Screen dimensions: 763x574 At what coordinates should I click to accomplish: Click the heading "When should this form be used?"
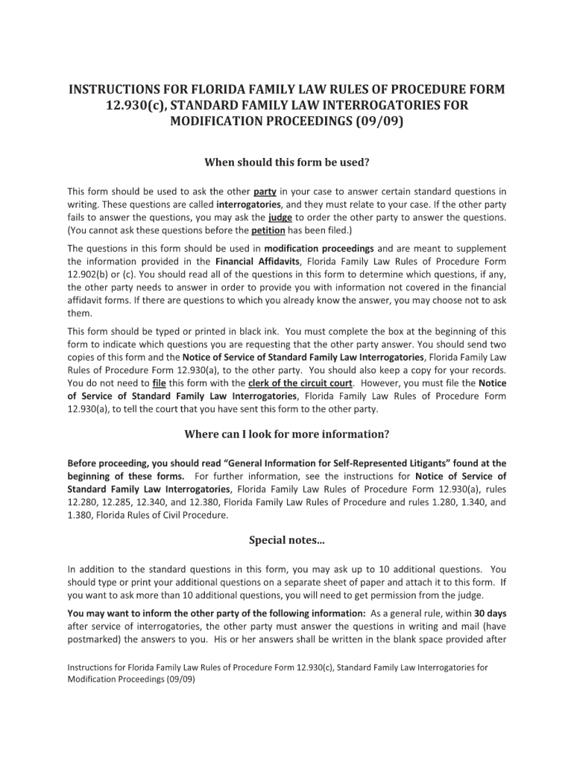point(287,162)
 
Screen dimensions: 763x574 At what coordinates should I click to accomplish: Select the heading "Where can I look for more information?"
point(287,434)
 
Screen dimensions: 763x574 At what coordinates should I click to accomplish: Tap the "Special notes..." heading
point(287,539)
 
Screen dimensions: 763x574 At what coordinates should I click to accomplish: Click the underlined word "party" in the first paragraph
point(265,191)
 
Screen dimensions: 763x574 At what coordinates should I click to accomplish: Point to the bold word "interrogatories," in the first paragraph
point(250,204)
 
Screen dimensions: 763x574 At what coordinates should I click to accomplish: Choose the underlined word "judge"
point(280,218)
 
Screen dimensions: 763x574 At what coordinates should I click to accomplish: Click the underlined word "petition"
point(268,230)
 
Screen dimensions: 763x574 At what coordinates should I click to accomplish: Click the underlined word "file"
point(158,383)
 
